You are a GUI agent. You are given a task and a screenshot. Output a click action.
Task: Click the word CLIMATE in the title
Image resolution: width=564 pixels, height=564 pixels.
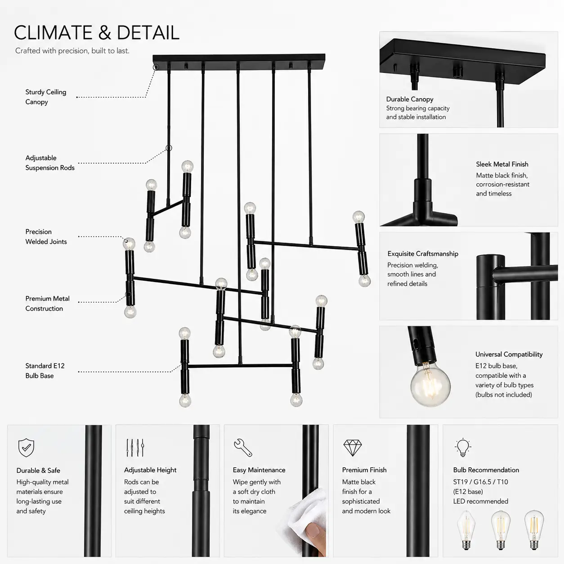tap(53, 32)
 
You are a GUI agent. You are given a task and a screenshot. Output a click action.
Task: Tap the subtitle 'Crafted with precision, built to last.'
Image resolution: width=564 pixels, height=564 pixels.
tap(72, 51)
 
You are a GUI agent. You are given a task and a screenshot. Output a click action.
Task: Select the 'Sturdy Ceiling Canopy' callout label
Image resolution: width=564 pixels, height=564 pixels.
tap(46, 97)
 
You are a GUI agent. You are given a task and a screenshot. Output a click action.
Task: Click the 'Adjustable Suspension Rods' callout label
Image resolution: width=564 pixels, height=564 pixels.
tap(50, 163)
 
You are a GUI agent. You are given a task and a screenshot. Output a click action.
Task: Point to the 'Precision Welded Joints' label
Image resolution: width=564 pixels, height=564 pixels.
tap(46, 237)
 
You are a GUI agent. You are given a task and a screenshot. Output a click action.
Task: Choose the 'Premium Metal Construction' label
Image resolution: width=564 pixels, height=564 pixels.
tap(47, 303)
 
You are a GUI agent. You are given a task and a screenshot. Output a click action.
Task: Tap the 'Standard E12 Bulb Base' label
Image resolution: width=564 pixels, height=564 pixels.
tap(45, 371)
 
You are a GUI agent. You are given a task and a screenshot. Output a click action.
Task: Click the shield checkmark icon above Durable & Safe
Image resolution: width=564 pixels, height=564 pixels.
tap(26, 448)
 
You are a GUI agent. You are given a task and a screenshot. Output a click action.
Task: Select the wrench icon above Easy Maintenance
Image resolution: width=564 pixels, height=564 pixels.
tap(243, 448)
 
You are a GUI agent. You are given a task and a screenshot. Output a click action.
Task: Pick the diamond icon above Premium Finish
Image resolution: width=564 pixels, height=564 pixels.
tap(353, 448)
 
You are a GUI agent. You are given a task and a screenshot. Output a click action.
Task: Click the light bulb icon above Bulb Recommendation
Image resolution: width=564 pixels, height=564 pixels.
tap(463, 448)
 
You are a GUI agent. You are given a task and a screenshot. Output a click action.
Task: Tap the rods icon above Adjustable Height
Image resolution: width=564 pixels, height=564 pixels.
tap(135, 448)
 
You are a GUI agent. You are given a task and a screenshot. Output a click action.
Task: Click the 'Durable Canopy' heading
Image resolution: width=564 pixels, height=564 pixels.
tap(410, 99)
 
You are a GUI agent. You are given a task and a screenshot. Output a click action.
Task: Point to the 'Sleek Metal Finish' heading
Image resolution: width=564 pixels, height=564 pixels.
tap(502, 164)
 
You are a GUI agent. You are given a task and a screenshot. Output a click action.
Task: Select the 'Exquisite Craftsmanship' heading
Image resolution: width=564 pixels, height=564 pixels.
tap(423, 254)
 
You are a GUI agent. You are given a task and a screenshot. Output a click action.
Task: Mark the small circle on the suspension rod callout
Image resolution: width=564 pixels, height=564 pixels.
tap(169, 148)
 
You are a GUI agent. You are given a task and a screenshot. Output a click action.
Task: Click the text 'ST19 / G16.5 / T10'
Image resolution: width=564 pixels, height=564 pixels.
tap(481, 482)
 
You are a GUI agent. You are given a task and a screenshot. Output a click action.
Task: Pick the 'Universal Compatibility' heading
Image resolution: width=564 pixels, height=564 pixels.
tap(509, 354)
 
